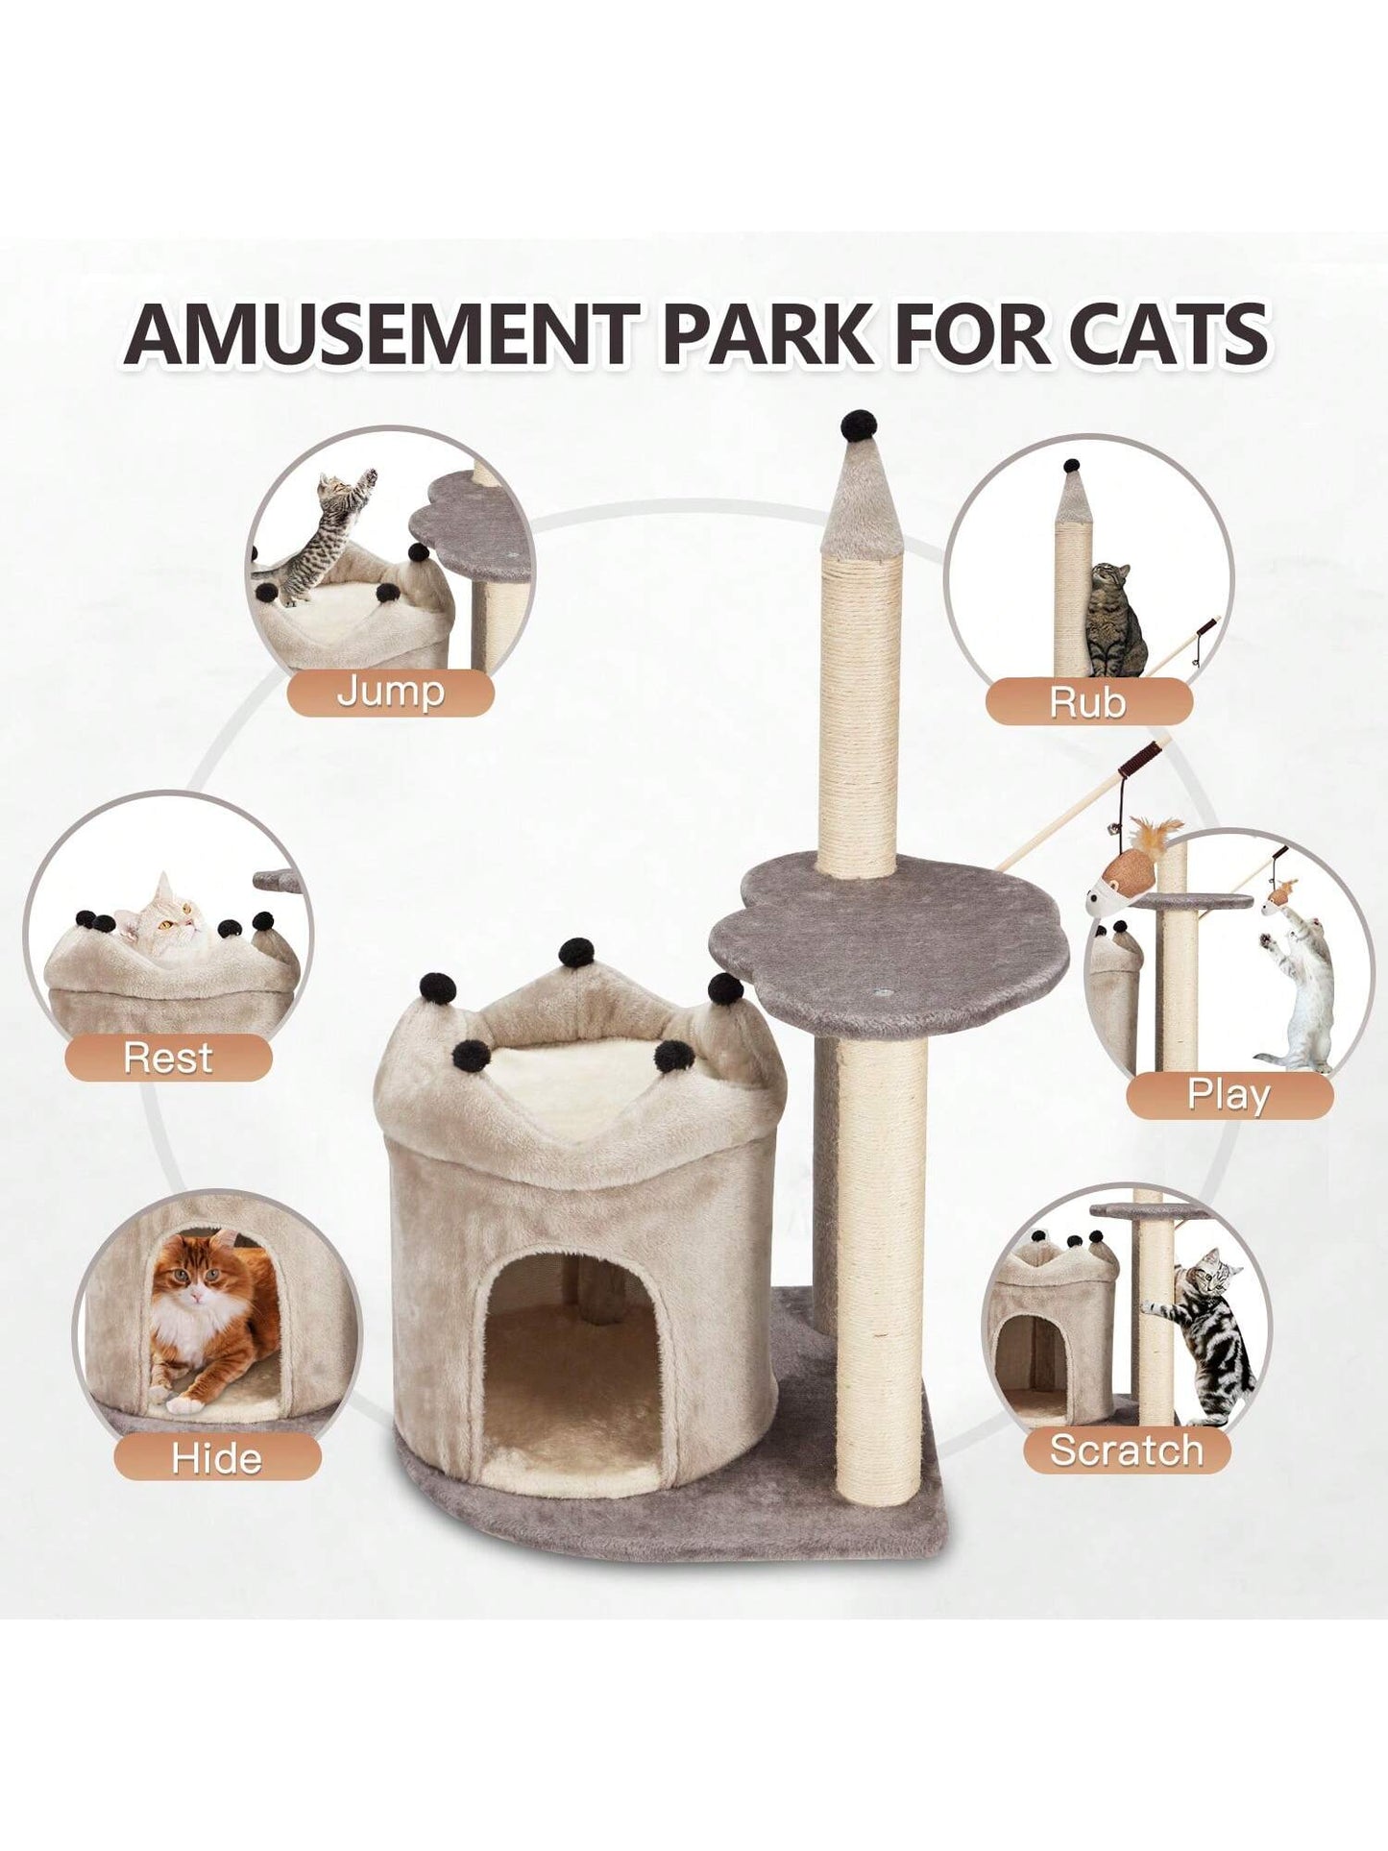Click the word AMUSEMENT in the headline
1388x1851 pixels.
379,333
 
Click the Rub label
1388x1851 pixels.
1087,702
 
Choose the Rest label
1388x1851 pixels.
168,1058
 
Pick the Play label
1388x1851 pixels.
1229,1095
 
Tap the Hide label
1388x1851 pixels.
217,1458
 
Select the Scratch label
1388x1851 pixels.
1127,1449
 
